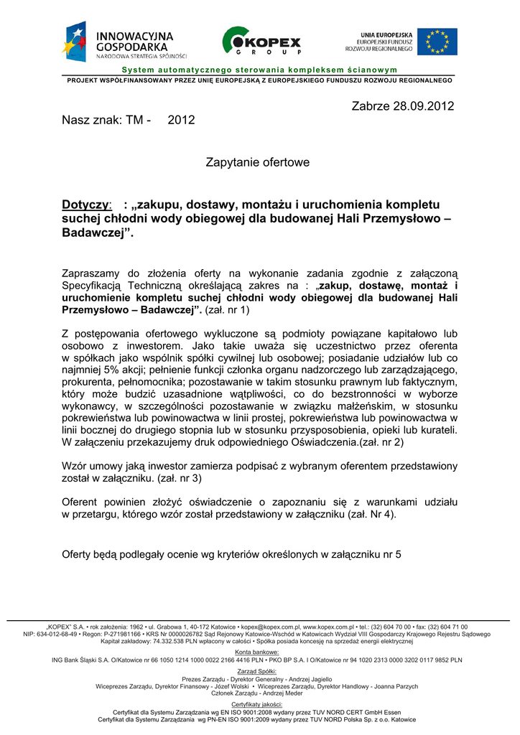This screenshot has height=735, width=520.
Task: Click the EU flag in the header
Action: [437, 42]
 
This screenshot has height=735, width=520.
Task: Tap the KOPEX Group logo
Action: [261, 42]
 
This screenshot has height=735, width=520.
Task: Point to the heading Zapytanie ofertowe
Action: [258, 162]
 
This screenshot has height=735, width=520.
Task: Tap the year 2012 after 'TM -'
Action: [181, 120]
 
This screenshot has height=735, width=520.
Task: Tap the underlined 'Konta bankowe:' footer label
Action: [259, 652]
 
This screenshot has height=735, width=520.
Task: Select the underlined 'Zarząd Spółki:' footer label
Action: [259, 671]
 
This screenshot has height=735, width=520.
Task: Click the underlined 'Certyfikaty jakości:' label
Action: [259, 705]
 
